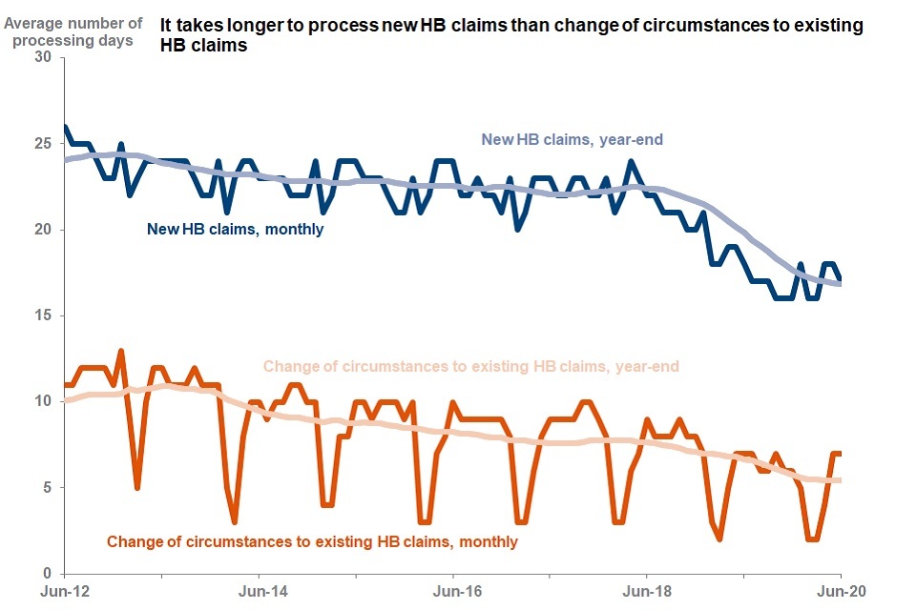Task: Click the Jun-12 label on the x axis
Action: [x=64, y=591]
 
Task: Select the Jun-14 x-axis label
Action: [x=259, y=591]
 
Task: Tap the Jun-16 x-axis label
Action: [x=452, y=591]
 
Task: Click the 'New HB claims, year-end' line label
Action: [x=572, y=140]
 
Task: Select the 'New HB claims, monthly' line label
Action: [x=235, y=229]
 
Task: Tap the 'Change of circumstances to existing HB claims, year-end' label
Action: [x=470, y=366]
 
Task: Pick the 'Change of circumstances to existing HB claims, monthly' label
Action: [x=312, y=541]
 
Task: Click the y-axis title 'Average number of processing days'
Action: [x=74, y=31]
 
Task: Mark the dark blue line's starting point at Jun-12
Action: [x=64, y=126]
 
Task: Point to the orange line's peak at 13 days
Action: [x=121, y=351]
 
